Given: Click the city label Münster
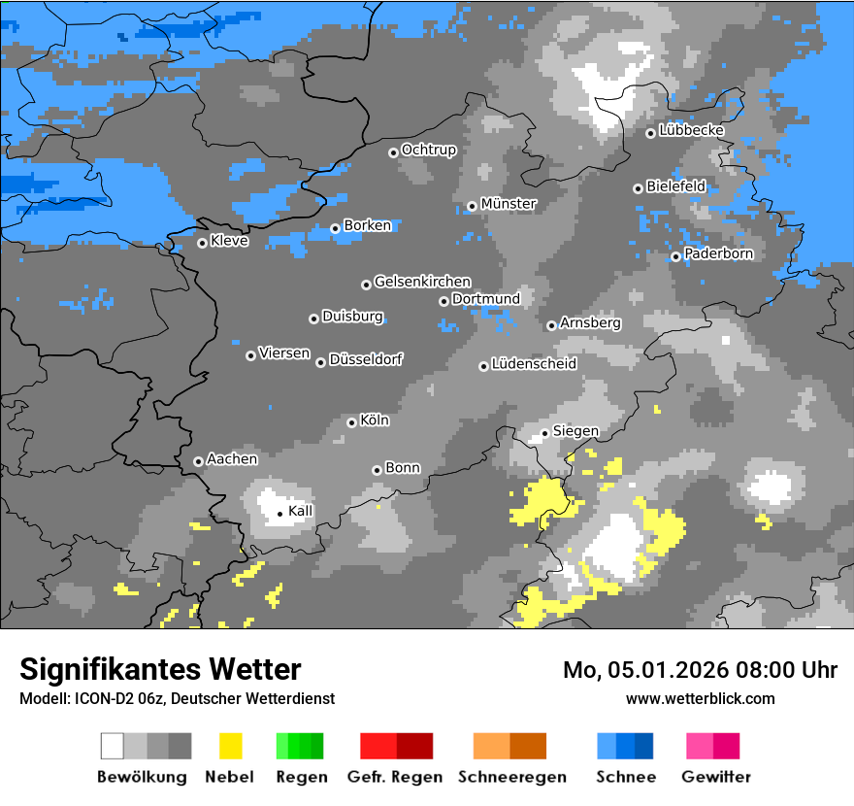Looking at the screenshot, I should pyautogui.click(x=509, y=204).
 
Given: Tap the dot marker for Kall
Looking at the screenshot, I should pyautogui.click(x=279, y=514).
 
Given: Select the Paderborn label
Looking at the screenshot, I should pyautogui.click(x=718, y=254).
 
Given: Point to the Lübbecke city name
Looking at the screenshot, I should pyautogui.click(x=691, y=130).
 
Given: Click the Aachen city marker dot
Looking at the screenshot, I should pyautogui.click(x=198, y=461).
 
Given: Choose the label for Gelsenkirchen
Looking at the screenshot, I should pyautogui.click(x=422, y=282).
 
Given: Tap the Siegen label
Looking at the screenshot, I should pyautogui.click(x=575, y=431).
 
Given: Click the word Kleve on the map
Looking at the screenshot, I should pyautogui.click(x=229, y=241).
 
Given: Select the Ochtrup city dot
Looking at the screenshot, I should pyautogui.click(x=393, y=151).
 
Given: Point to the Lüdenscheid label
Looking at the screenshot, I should pyautogui.click(x=534, y=364).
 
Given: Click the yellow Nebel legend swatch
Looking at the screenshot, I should pyautogui.click(x=230, y=746).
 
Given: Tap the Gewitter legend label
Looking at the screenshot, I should pyautogui.click(x=716, y=777).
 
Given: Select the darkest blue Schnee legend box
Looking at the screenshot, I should pyautogui.click(x=644, y=746).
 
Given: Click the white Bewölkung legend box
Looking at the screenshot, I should pyautogui.click(x=113, y=746).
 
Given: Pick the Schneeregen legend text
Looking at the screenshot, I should pyautogui.click(x=512, y=777).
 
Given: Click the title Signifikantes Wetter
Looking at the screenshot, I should pyautogui.click(x=160, y=669).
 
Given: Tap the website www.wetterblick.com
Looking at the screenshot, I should pyautogui.click(x=700, y=698).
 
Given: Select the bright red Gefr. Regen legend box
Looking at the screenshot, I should pyautogui.click(x=378, y=746).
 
